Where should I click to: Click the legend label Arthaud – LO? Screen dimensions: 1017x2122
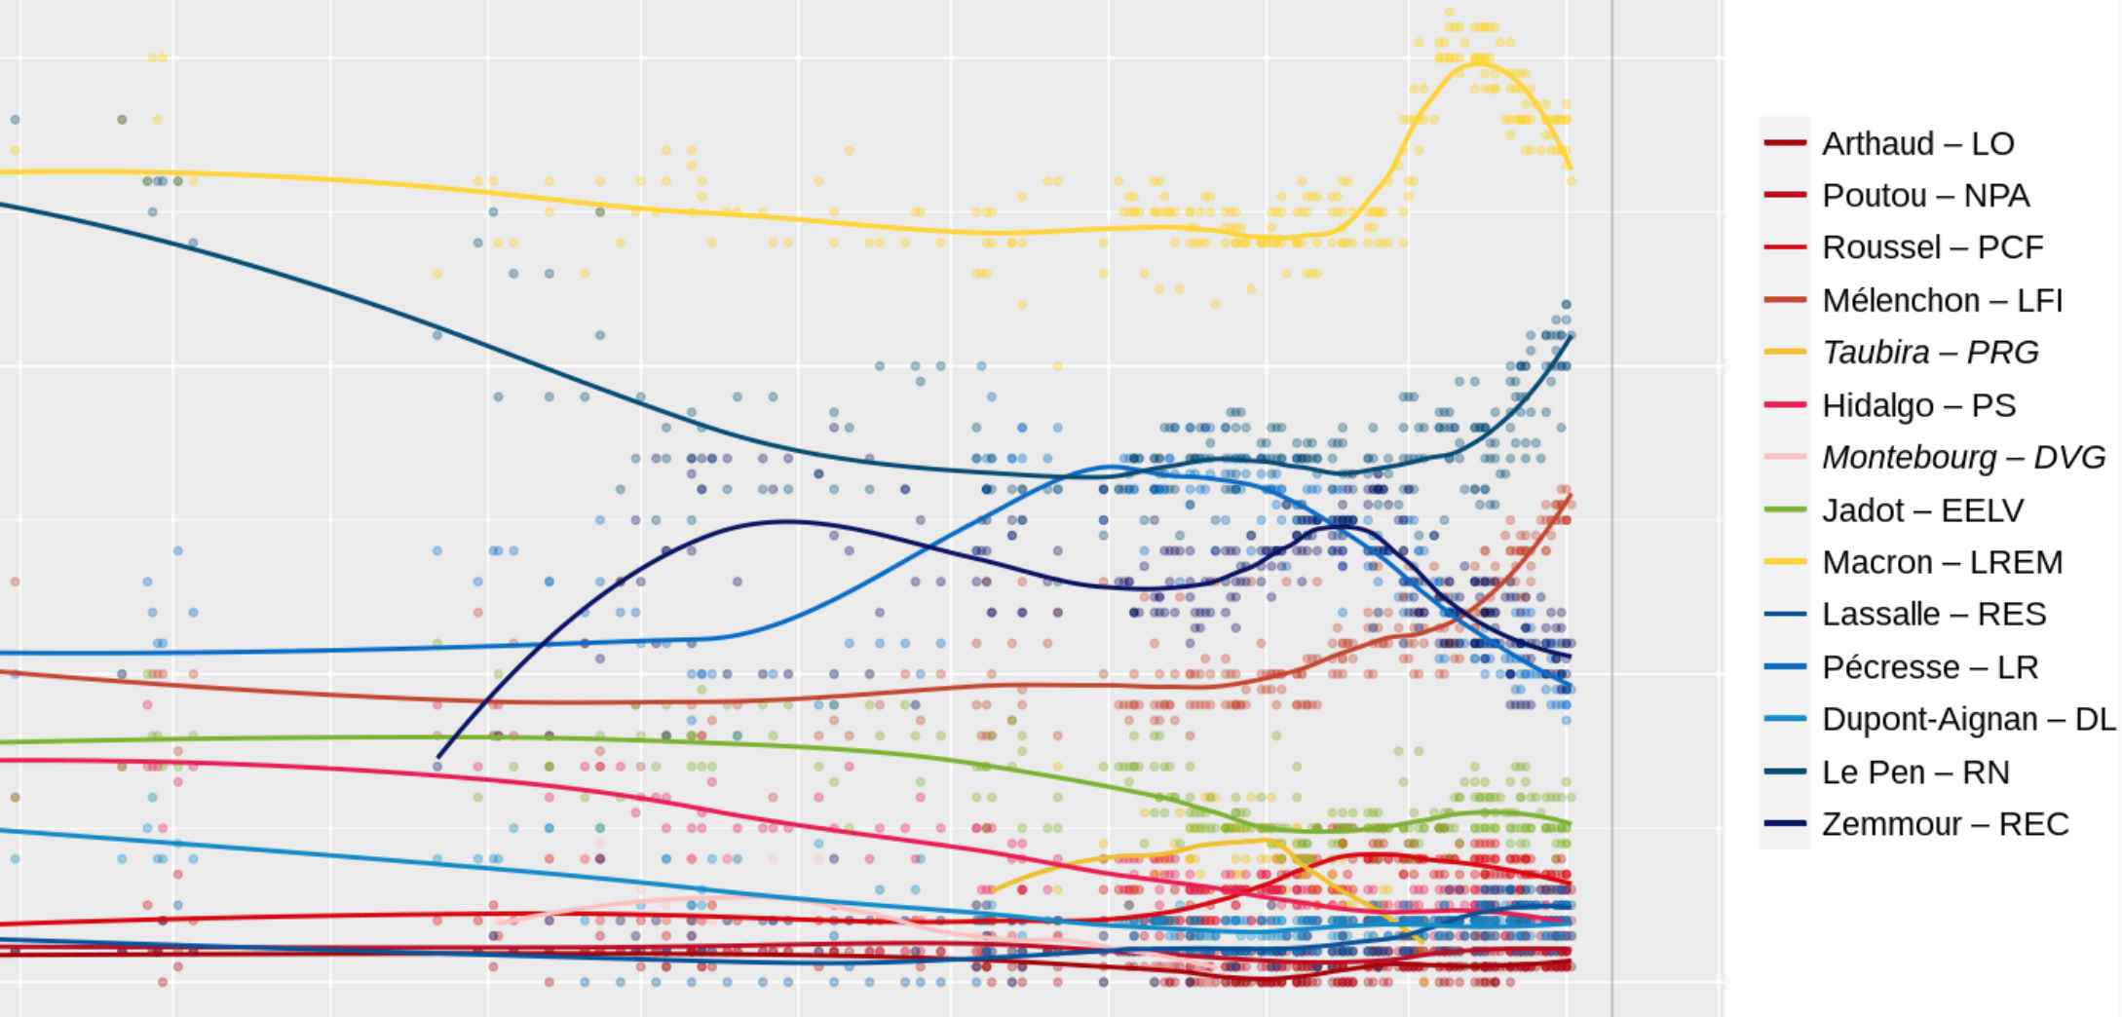(1917, 143)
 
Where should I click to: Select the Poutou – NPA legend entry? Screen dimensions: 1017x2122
(1925, 196)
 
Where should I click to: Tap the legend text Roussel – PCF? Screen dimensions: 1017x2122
(1932, 247)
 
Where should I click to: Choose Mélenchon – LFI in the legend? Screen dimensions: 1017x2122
(1942, 300)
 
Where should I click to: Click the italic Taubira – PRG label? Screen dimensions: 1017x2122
(1929, 352)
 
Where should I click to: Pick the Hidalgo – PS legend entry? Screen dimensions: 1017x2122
(1918, 404)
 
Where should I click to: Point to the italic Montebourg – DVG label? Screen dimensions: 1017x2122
(1963, 457)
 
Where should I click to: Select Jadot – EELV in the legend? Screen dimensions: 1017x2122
(1922, 509)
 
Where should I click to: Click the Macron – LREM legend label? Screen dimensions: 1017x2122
(1942, 562)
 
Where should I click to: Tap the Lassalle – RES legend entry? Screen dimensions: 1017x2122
(1933, 614)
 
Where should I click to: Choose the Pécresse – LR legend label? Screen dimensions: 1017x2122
(1929, 667)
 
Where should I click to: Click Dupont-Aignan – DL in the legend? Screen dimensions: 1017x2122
(1968, 719)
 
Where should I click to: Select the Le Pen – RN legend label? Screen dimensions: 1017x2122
(1915, 772)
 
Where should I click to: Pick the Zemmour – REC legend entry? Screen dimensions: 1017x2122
(1945, 824)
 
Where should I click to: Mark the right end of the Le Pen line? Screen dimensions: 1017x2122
(1571, 336)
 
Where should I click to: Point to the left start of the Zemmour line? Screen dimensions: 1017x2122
(437, 756)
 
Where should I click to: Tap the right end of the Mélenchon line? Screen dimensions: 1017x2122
(1571, 498)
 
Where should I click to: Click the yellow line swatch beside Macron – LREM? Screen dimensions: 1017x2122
(1785, 562)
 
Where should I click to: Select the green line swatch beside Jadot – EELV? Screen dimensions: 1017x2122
(1785, 509)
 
